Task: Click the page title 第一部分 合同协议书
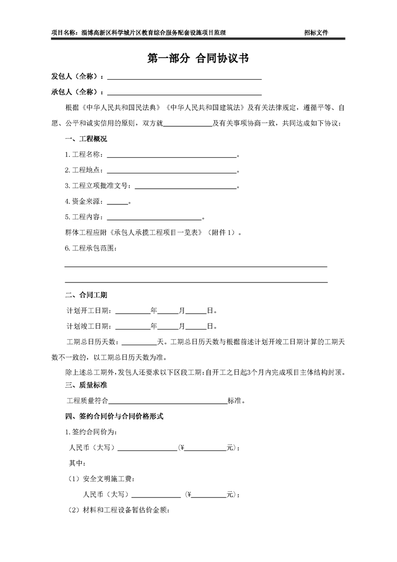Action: coord(198,59)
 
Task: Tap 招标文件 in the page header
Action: coord(316,33)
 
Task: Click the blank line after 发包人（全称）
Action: coord(184,78)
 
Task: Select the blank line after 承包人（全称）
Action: coord(184,93)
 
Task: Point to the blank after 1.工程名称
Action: coord(171,156)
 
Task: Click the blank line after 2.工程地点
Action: coord(171,171)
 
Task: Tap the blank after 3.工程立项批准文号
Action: coord(185,187)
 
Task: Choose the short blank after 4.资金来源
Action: coord(118,203)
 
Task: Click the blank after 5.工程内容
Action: coord(154,218)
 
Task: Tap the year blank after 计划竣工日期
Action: coord(133,327)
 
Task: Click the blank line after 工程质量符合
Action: coord(168,402)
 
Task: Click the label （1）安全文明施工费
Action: coord(101,479)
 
